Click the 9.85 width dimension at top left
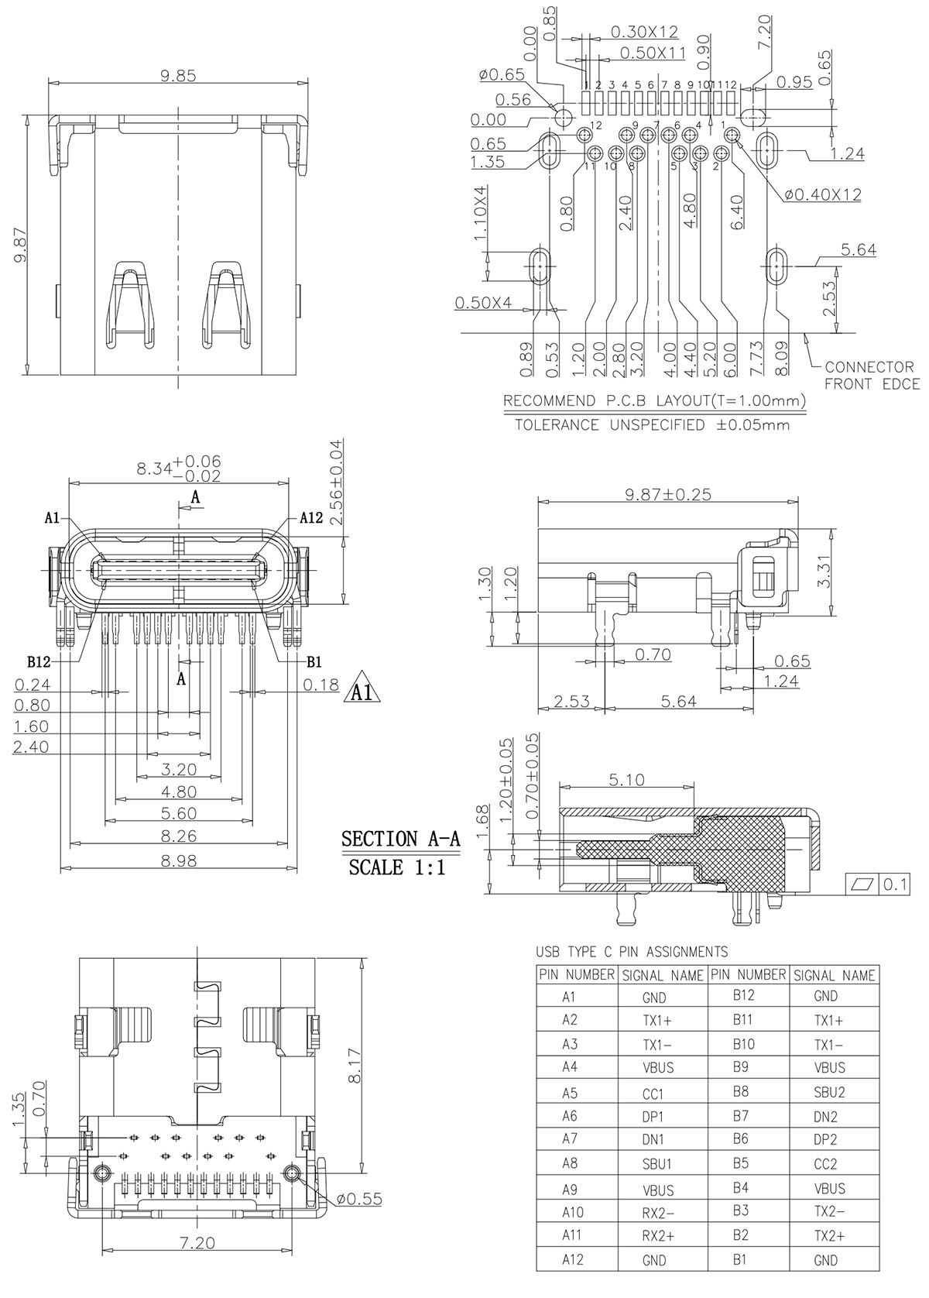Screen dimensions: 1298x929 178,75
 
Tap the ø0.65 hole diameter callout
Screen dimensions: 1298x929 501,75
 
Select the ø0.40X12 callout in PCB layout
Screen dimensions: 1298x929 821,195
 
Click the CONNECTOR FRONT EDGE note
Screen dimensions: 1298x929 872,376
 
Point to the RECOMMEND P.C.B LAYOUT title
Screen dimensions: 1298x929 654,401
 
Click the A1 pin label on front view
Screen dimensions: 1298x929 53,517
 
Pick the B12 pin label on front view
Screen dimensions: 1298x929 39,662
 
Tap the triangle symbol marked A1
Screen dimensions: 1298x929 362,688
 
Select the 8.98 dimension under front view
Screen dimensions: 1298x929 178,860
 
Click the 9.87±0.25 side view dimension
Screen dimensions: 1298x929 668,494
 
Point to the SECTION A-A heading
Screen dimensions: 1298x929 400,839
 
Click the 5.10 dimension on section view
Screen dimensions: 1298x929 626,780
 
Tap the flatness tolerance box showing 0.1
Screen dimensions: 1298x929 878,884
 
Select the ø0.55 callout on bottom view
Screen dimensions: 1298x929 359,1199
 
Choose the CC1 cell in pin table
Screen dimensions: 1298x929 653,1094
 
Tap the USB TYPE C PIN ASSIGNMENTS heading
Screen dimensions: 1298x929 631,952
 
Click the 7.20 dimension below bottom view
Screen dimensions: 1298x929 198,1242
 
